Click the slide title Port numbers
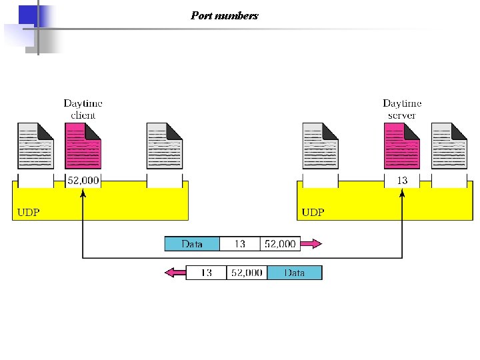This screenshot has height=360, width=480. [224, 15]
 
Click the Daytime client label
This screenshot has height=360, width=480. [83, 109]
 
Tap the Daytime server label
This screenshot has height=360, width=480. [402, 109]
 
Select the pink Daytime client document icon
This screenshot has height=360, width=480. [83, 145]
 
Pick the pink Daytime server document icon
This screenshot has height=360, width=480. [402, 145]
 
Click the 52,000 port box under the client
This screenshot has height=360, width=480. [83, 181]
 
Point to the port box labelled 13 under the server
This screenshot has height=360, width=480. [402, 181]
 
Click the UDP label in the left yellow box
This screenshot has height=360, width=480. [27, 213]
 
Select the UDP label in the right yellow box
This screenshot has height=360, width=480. [313, 213]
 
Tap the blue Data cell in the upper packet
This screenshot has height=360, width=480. [192, 244]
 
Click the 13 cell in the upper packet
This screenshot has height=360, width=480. [239, 244]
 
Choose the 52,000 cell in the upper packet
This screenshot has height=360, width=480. [280, 244]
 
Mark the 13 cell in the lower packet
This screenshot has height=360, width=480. [206, 273]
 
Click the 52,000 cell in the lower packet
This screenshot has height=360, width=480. [247, 273]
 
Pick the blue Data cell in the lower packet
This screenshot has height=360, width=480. [294, 273]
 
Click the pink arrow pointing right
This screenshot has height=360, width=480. [311, 244]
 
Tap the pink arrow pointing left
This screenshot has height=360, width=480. [175, 273]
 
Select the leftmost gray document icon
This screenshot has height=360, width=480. [35, 145]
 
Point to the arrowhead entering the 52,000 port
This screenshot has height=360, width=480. [83, 194]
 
